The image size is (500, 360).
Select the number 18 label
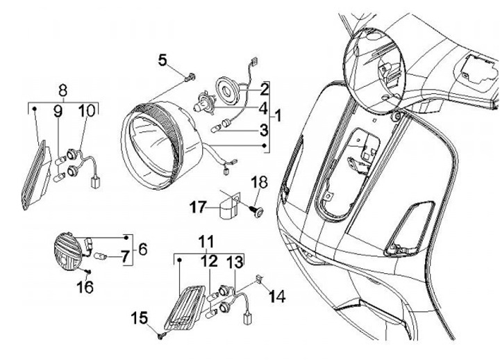pos(259,183)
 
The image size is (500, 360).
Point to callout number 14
pos(277,297)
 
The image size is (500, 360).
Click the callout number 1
pos(278,114)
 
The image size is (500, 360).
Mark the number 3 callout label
pos(264,129)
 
